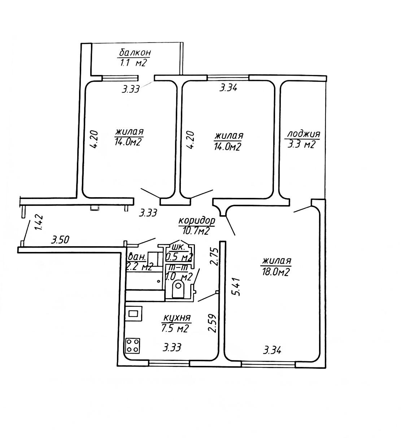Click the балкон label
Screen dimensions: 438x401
134,53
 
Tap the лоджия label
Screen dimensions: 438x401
303,134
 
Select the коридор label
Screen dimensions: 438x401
197,221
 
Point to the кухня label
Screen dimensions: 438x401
177,318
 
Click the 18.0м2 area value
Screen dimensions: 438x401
276,272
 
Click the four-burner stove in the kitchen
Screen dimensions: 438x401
132,345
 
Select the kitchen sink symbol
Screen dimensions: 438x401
133,313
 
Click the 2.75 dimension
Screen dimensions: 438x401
214,256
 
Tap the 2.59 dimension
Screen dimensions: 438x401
213,323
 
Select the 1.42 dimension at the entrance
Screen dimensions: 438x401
39,222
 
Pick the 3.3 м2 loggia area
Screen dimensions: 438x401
301,145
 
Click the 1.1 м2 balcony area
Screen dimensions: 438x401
132,63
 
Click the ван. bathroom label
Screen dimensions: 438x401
137,257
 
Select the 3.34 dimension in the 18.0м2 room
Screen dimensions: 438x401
273,350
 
